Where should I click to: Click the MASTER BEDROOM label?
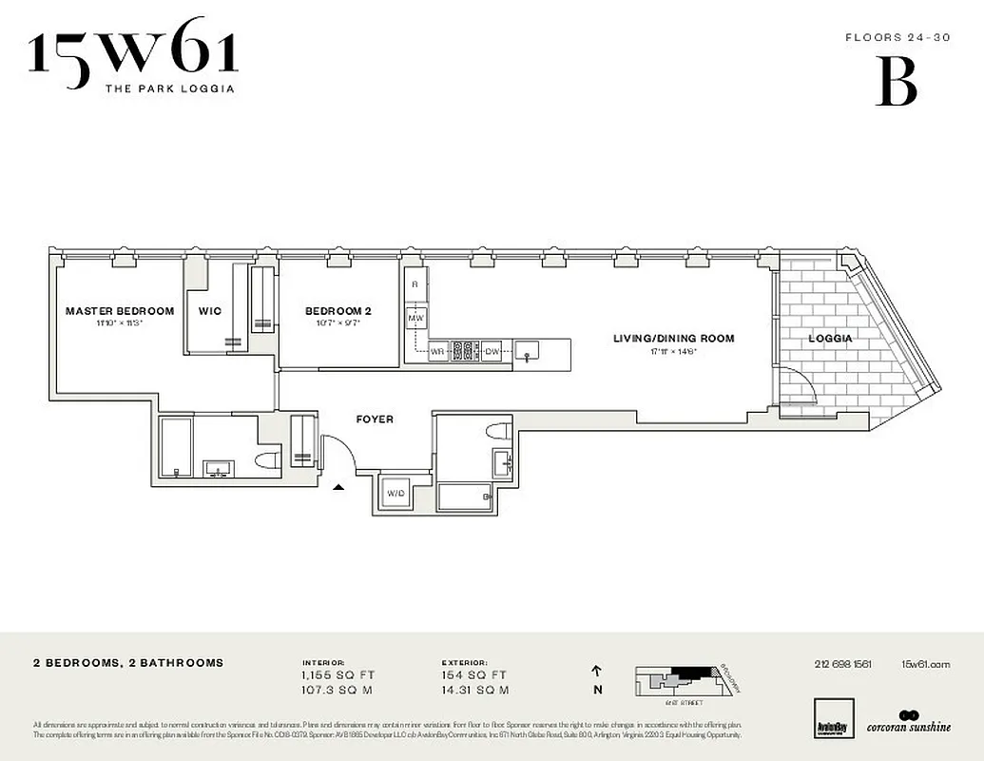click(x=120, y=311)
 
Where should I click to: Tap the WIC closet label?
click(x=209, y=311)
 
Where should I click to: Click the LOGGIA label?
click(x=830, y=339)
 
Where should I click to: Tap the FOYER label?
click(x=375, y=420)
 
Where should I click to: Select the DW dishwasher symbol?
click(x=492, y=351)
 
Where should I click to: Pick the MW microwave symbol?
click(x=415, y=317)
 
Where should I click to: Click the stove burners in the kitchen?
click(x=463, y=351)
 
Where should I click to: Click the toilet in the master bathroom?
click(x=267, y=462)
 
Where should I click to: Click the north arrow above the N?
click(x=597, y=670)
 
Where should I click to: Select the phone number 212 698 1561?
click(x=842, y=665)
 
